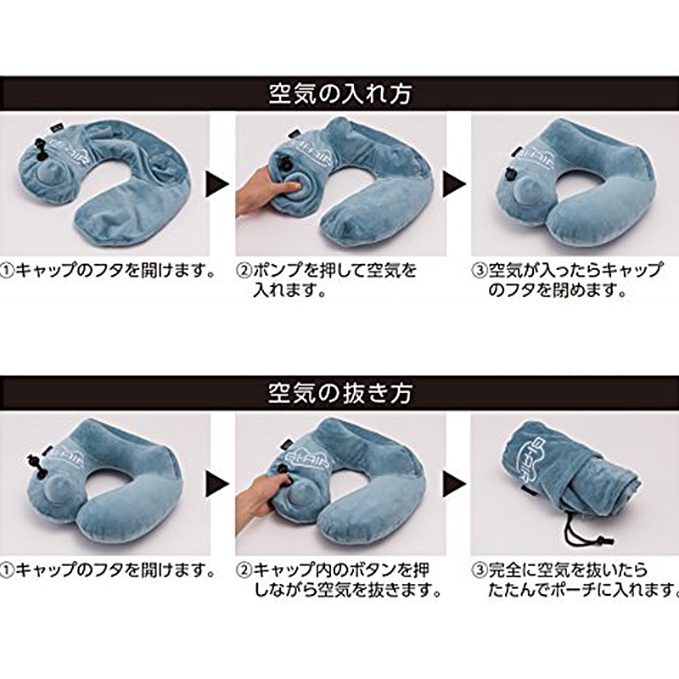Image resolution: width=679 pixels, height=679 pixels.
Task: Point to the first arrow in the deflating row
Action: [x=218, y=484]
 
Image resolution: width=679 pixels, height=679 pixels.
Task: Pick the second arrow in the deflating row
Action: [x=456, y=484]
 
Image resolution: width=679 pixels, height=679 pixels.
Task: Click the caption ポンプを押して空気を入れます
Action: [x=327, y=281]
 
